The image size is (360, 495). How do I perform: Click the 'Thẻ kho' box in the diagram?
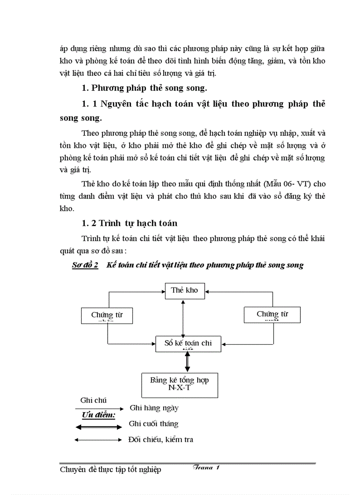pos(184,291)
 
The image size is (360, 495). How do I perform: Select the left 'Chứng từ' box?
pos(107,316)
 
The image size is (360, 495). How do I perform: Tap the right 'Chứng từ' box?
pos(272,315)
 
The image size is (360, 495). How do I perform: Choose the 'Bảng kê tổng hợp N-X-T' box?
pos(179,385)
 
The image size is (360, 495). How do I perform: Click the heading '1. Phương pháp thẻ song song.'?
pos(144,88)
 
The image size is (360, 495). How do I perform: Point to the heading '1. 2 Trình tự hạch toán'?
pos(130,223)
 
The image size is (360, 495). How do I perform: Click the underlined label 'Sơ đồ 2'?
pos(85,265)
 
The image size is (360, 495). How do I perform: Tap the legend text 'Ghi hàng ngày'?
pos(154,408)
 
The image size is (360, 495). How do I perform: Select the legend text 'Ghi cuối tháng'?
pos(154,424)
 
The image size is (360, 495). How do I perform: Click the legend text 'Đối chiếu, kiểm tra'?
pos(161,439)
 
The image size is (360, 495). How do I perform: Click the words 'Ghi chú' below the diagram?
pos(93,401)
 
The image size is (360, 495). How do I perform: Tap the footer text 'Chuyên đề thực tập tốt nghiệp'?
pos(110,470)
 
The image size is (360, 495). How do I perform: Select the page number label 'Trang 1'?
pos(206,468)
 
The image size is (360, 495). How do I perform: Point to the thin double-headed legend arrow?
pos(98,440)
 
